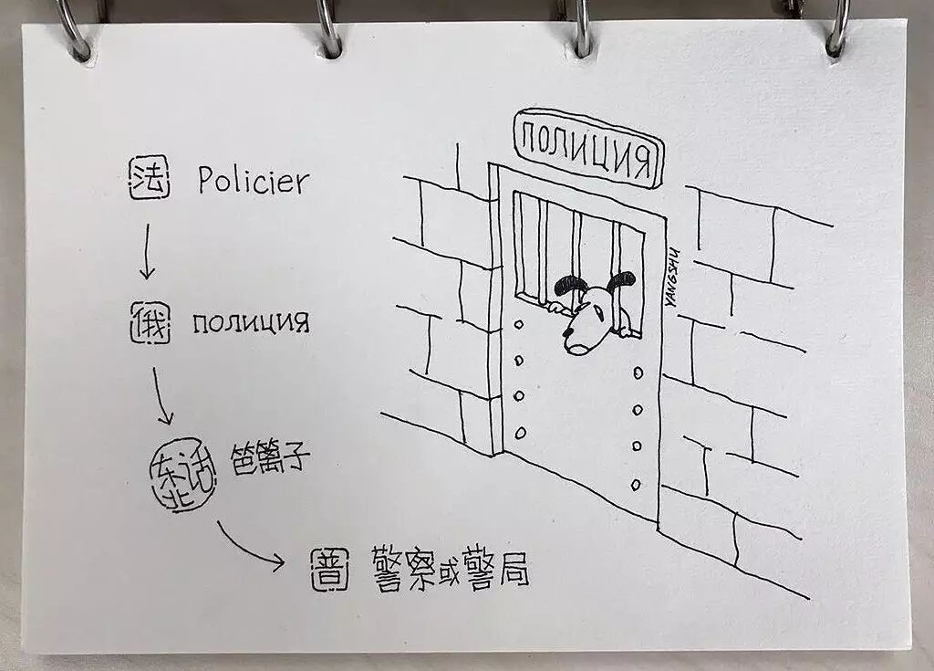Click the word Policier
[254, 181]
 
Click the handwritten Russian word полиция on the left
[251, 323]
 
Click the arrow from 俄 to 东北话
[161, 395]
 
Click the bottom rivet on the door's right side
[638, 474]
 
